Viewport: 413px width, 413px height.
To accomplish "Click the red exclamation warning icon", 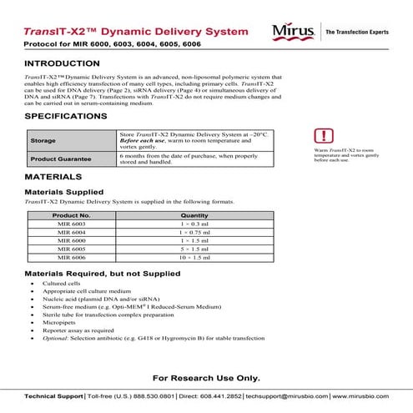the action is coord(323,136).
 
